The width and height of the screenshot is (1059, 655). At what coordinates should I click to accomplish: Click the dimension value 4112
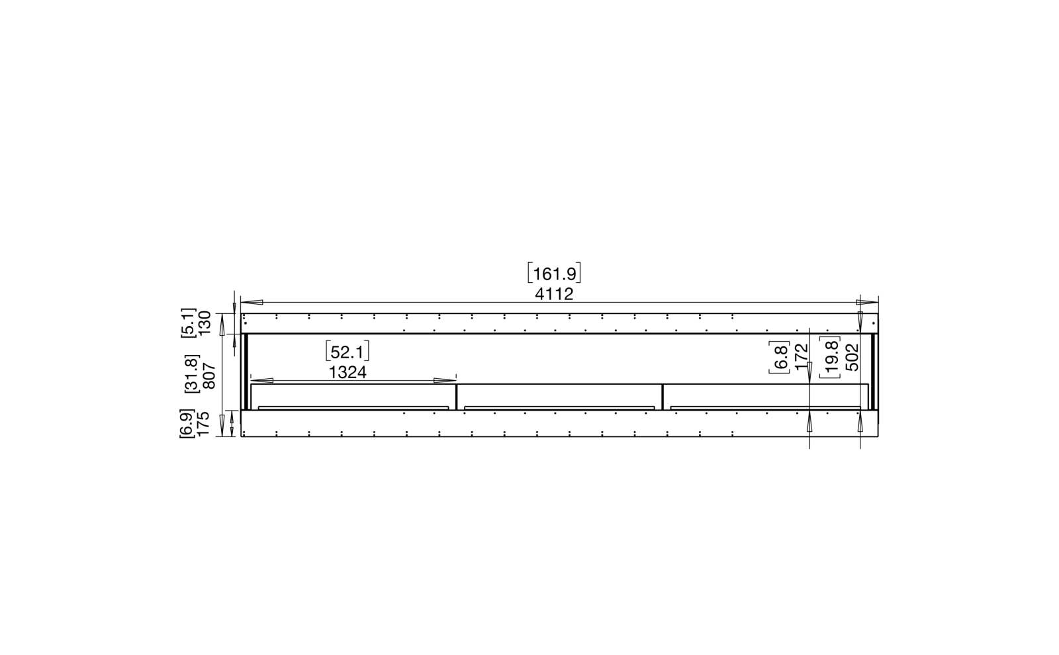554,294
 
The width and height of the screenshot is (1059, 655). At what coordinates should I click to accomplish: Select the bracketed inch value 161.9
554,274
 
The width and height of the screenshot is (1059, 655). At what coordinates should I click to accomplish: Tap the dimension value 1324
347,373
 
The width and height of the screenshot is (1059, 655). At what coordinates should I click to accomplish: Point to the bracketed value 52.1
347,352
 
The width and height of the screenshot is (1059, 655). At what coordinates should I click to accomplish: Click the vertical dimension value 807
208,376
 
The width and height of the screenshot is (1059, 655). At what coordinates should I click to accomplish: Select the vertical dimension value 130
204,323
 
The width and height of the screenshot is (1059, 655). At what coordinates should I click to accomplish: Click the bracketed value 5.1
188,323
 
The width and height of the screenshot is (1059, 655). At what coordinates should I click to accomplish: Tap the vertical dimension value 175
203,424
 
